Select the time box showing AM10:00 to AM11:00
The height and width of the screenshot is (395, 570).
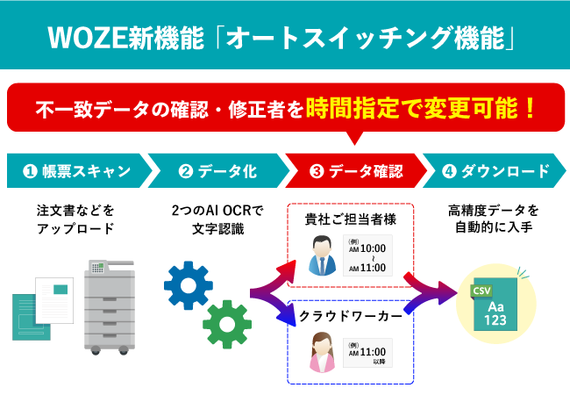pyautogui.click(x=367, y=257)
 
